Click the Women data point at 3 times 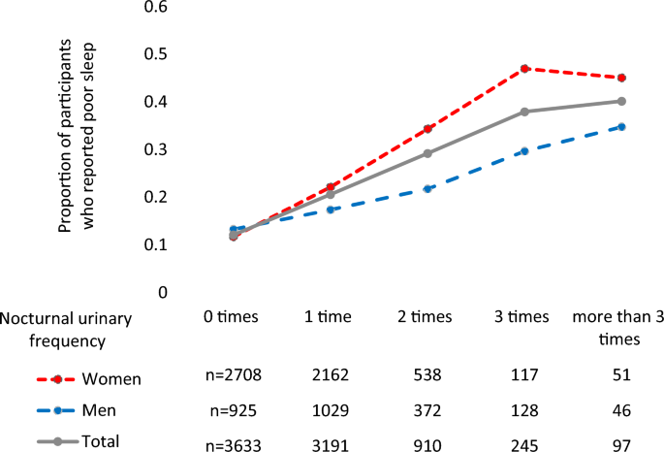tap(525, 69)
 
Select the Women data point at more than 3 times tap(621, 78)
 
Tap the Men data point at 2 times tap(427, 188)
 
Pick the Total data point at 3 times tap(525, 112)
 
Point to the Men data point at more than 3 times tap(621, 127)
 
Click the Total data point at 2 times tap(427, 153)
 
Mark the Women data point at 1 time tap(332, 186)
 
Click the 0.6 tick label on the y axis tap(155, 8)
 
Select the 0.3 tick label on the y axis tap(155, 149)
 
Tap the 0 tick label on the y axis tap(164, 292)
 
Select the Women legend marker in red tap(59, 379)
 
